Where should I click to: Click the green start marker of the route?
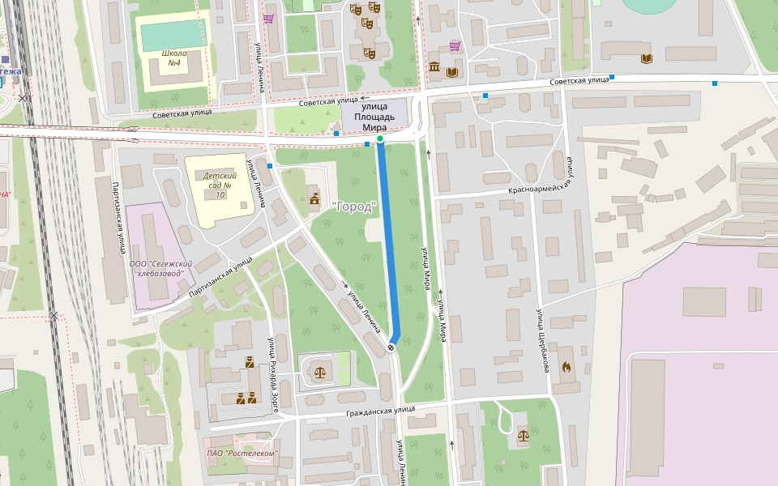(x=380, y=139)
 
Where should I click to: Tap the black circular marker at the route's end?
(x=391, y=347)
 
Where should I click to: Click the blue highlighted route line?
(x=387, y=243)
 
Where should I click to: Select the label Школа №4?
(x=173, y=58)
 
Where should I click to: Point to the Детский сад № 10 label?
(x=219, y=185)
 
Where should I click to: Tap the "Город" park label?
(x=354, y=207)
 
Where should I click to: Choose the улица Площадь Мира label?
(x=374, y=117)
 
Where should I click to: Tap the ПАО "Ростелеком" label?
(x=242, y=453)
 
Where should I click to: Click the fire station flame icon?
(x=566, y=365)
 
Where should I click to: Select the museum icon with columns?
(x=434, y=66)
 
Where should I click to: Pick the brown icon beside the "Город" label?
(x=314, y=199)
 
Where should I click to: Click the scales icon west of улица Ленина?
(x=322, y=372)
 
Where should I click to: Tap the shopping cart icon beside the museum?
(x=455, y=46)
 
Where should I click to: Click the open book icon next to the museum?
(x=451, y=72)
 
